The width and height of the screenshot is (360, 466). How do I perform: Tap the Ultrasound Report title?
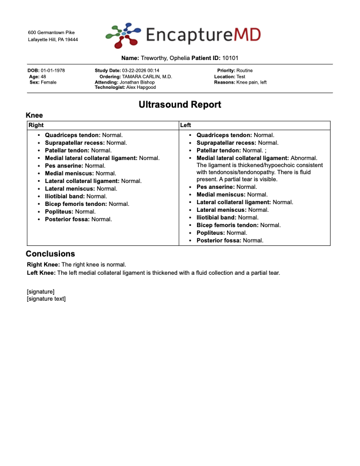click(180, 105)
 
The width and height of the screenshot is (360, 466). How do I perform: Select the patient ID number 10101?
click(231, 58)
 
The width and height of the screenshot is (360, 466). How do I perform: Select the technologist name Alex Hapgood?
click(141, 87)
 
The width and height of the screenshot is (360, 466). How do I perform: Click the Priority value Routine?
click(245, 71)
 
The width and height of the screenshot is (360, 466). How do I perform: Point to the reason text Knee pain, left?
click(251, 82)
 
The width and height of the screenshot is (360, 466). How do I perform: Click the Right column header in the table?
click(36, 125)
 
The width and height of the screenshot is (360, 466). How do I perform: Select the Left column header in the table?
click(185, 125)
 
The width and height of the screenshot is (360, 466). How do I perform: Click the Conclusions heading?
click(50, 254)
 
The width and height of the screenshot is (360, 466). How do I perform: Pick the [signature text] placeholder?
click(46, 298)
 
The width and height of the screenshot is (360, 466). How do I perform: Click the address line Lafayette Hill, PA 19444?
click(53, 39)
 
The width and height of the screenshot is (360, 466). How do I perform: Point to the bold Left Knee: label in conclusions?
click(41, 272)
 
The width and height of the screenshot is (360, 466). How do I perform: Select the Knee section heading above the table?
click(34, 116)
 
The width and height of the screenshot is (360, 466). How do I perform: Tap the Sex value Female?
click(49, 82)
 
